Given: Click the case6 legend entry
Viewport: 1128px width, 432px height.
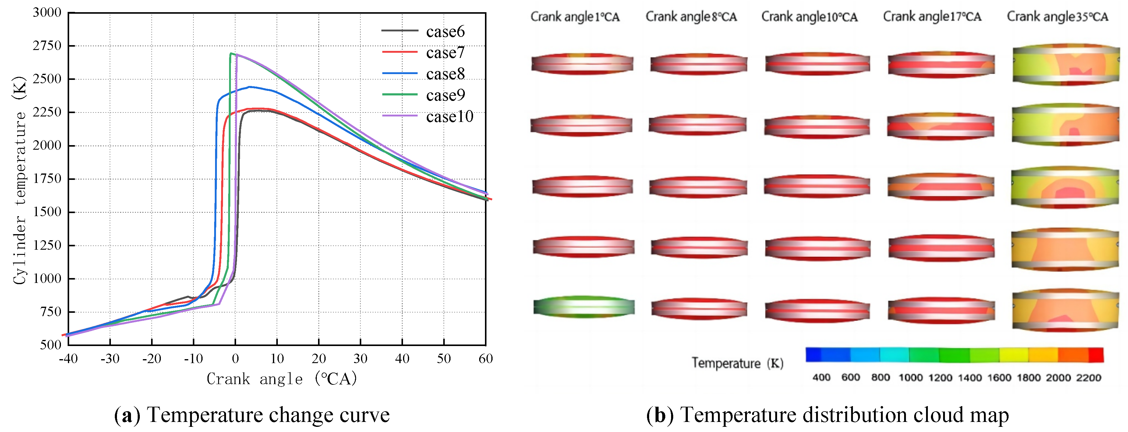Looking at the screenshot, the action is [423, 31].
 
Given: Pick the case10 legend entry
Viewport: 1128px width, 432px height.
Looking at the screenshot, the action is [427, 116].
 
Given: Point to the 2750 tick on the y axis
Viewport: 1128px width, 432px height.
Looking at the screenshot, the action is [47, 45].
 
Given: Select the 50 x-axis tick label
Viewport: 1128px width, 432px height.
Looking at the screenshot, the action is [444, 359].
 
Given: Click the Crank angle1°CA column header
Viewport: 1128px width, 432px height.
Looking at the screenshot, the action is [575, 17].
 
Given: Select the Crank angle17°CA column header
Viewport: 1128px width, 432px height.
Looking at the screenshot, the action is [932, 17].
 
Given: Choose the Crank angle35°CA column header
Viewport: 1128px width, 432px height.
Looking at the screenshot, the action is [1058, 17].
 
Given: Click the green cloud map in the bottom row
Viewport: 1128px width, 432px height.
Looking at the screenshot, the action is [584, 307].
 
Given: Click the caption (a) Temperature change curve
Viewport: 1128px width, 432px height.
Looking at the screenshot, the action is [252, 415].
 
